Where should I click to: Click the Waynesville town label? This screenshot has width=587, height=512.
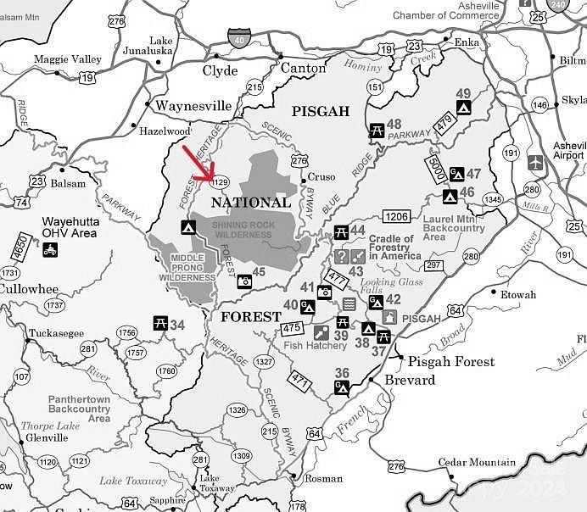tap(193, 106)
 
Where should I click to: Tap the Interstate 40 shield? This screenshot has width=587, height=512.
tap(238, 38)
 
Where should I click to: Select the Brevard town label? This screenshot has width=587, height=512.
tap(410, 380)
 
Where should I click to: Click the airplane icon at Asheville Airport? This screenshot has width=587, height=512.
tap(535, 161)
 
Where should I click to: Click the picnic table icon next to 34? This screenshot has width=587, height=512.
tap(159, 323)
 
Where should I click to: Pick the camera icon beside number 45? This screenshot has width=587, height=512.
tap(244, 281)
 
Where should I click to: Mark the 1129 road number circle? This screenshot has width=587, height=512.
tap(221, 181)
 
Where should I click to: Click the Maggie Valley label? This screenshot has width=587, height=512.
tap(67, 59)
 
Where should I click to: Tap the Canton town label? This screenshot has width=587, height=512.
tap(303, 68)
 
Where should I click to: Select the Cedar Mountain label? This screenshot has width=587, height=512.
tap(476, 462)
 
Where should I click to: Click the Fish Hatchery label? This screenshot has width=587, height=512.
tap(316, 346)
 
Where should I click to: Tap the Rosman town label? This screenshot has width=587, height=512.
tap(323, 478)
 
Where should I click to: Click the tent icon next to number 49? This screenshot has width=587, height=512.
tap(463, 108)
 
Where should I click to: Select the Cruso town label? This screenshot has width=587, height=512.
tap(321, 177)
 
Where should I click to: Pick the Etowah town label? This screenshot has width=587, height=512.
tap(518, 295)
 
